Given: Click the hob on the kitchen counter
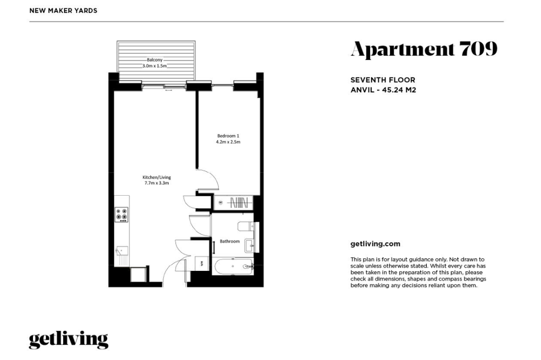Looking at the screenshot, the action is (121, 215).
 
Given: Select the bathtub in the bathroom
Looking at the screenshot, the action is (233, 266).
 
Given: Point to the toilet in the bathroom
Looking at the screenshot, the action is (246, 226).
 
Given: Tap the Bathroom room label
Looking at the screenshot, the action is (229, 242).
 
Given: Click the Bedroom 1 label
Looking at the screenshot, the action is (228, 136).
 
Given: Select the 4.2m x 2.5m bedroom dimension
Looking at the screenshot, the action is (228, 142).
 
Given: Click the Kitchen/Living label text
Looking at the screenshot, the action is (157, 177).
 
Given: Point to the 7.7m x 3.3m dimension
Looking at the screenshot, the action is (157, 183).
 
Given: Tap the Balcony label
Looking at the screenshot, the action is (155, 59).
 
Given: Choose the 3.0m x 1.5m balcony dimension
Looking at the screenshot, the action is (155, 65).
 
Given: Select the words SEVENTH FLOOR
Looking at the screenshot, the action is (382, 80).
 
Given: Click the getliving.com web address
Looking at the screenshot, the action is (375, 244).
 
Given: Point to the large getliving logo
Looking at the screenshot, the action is (69, 340).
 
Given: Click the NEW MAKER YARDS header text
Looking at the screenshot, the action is (63, 11).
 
